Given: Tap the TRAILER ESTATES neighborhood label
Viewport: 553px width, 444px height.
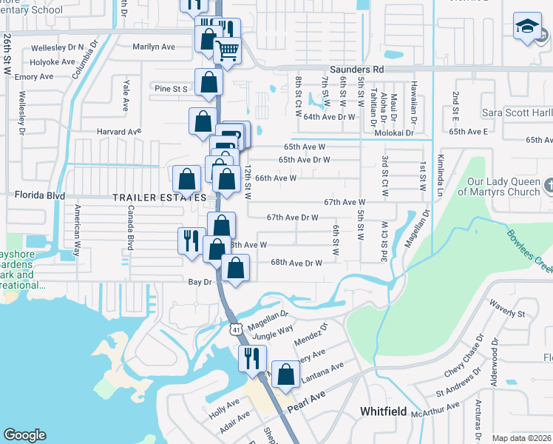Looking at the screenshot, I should click(x=159, y=198).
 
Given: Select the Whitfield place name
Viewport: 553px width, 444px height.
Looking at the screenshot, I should click(x=383, y=411).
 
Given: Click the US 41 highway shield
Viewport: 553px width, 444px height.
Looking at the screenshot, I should click(x=236, y=327).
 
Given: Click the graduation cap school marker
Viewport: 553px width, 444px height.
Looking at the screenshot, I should click(x=527, y=27).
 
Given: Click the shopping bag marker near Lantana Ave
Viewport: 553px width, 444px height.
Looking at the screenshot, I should click(x=285, y=375).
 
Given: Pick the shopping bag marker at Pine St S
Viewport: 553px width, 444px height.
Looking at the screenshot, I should click(x=208, y=83).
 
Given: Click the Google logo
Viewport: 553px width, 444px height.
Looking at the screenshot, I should click(x=24, y=435).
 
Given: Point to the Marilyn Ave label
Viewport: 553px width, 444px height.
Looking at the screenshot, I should click(x=154, y=47).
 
